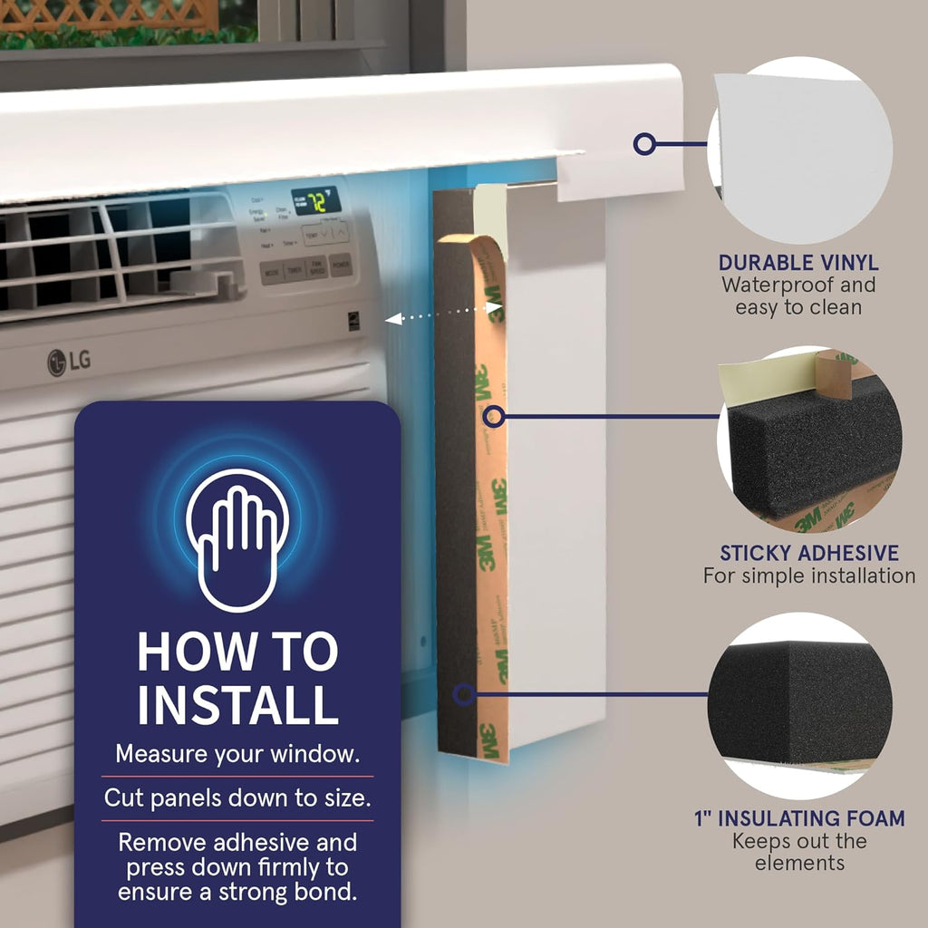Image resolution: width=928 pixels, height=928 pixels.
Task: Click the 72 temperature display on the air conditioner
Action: [x=314, y=199]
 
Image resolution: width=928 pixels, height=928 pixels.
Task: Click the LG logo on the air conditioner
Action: [x=69, y=362]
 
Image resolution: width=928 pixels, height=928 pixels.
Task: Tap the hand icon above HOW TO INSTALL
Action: [x=237, y=538]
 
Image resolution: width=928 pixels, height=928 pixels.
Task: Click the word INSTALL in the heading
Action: [x=237, y=704]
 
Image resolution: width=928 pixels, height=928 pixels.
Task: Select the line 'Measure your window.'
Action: [x=237, y=754]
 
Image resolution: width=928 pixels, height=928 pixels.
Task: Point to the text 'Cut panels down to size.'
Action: [x=237, y=798]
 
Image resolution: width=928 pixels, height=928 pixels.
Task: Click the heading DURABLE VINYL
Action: [x=798, y=263]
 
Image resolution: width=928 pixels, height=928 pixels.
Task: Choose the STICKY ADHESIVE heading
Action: [x=809, y=553]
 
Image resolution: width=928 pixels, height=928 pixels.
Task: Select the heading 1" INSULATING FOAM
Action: [x=799, y=818]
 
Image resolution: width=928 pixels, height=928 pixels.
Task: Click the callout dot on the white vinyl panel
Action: [x=644, y=143]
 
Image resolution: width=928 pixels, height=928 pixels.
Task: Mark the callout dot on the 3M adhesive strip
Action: [x=494, y=417]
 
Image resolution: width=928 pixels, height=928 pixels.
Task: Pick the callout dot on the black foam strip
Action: [x=463, y=696]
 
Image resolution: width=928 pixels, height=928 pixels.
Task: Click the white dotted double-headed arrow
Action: [x=443, y=314]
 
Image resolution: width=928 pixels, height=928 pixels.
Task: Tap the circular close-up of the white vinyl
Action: [x=803, y=150]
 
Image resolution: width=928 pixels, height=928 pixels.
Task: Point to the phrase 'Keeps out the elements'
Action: [x=799, y=852]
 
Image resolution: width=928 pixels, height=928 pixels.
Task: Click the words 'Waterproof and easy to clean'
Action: [x=798, y=296]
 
